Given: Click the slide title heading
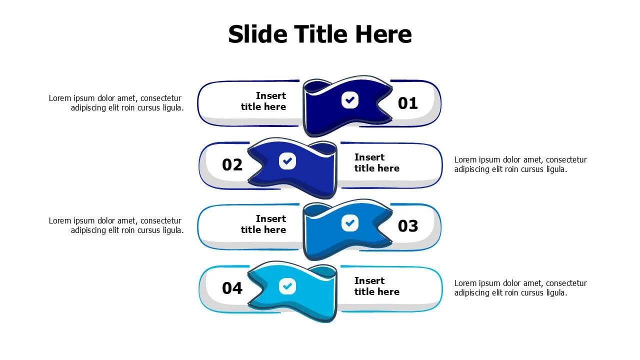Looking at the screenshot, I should (x=320, y=34).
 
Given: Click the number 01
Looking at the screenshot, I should (x=407, y=103).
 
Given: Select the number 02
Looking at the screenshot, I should (x=232, y=165).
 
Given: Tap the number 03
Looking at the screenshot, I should (x=407, y=226).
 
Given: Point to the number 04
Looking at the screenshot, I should (x=232, y=288).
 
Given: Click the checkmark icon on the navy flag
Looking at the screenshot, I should (x=350, y=100).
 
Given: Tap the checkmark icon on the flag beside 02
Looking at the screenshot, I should (x=287, y=161).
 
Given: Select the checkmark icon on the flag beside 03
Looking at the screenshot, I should (x=350, y=222).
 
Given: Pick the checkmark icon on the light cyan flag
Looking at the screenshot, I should (x=287, y=286).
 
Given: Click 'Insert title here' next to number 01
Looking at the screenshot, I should (x=263, y=101).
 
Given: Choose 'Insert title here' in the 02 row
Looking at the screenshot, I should (x=376, y=162).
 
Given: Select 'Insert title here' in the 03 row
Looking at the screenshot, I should (x=263, y=224).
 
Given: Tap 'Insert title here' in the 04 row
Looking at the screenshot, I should (x=376, y=286).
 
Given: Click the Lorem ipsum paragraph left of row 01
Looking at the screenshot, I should (x=116, y=103).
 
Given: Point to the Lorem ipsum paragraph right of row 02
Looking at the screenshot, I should (x=520, y=164).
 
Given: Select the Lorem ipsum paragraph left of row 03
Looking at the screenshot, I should (x=116, y=225).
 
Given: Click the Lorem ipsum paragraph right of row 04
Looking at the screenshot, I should (x=520, y=288).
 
